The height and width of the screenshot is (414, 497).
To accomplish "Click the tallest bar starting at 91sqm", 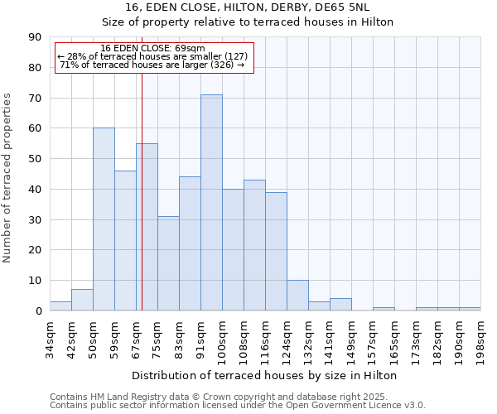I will click(x=211, y=203).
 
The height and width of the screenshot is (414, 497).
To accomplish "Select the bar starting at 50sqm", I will click(x=104, y=219).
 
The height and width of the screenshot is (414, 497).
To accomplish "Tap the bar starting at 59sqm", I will click(x=125, y=240).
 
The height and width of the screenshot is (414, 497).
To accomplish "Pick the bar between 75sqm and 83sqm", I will click(x=168, y=263).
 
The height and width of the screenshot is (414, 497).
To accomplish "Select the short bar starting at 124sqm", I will click(x=297, y=296).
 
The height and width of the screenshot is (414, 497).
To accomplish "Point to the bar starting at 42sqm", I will click(x=82, y=300).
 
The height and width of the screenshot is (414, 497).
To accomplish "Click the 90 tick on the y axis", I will click(x=36, y=37).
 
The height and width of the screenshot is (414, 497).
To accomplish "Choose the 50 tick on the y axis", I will click(x=36, y=159).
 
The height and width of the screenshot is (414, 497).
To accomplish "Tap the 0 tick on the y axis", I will click(x=38, y=310).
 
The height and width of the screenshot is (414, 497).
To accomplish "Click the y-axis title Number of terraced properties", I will click(x=7, y=178).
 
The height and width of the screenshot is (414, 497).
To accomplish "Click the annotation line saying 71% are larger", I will click(x=152, y=65).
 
